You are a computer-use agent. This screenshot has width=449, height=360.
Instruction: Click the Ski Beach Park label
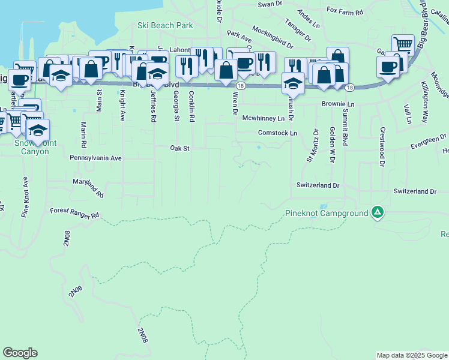(x=165, y=26)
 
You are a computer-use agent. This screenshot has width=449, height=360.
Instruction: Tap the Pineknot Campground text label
(x=326, y=213)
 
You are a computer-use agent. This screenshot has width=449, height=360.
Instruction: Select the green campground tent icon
(x=377, y=212)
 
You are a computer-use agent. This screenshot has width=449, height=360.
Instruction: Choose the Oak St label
(x=179, y=148)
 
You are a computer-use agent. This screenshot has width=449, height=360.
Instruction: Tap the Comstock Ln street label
(x=277, y=133)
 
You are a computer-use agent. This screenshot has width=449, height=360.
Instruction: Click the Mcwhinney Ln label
(x=263, y=118)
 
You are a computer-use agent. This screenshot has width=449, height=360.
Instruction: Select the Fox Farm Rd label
(x=345, y=11)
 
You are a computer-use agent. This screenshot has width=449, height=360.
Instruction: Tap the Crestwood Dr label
(x=381, y=144)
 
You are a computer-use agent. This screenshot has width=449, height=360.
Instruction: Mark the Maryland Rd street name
(x=88, y=188)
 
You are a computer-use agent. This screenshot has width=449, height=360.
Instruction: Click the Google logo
(x=20, y=353)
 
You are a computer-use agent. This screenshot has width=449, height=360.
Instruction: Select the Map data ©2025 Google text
(x=411, y=355)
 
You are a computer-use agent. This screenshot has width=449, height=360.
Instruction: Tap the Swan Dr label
(x=270, y=4)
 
